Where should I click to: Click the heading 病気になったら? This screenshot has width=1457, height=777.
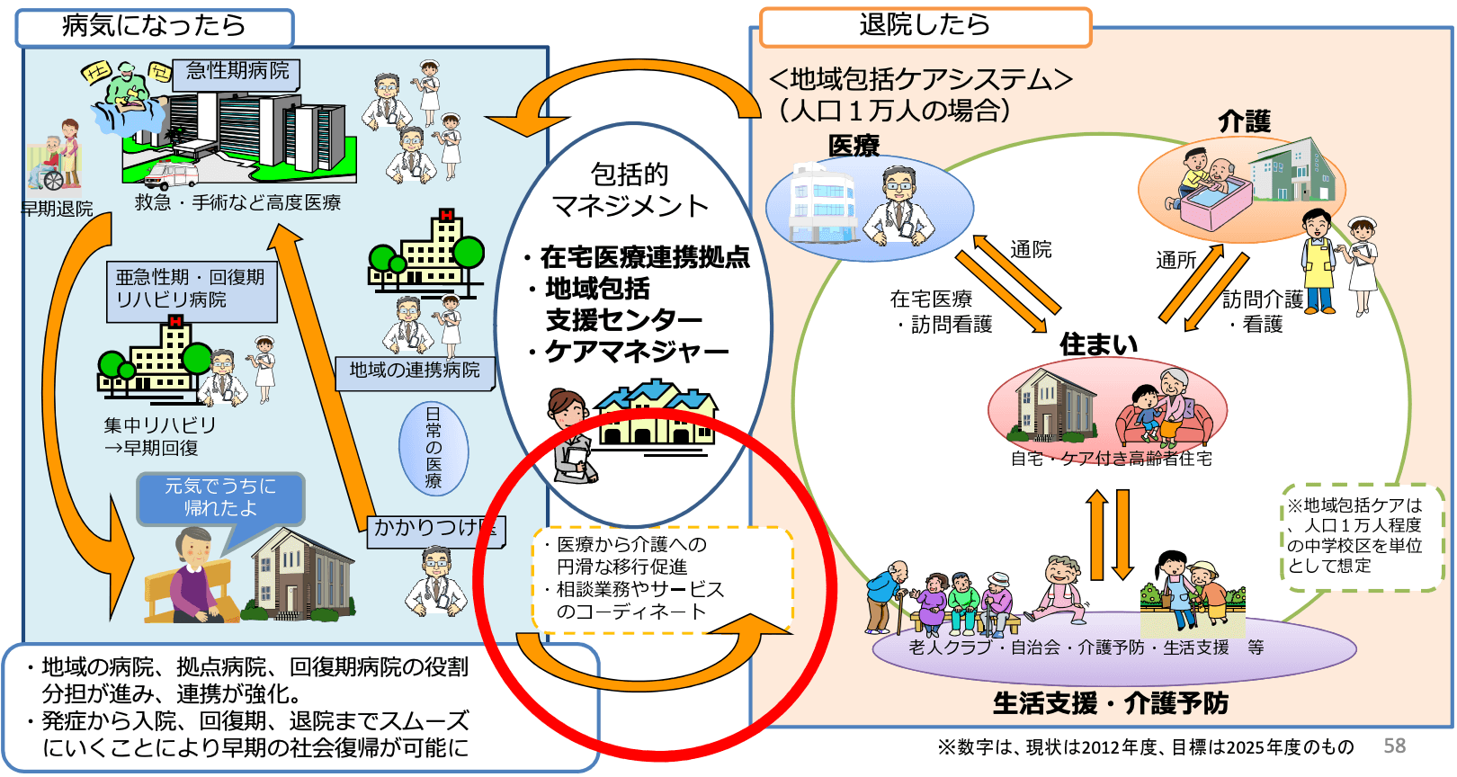(x=154, y=26)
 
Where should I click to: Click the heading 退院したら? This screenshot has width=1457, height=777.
(x=925, y=25)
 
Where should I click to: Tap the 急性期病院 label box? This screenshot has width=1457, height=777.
(x=237, y=71)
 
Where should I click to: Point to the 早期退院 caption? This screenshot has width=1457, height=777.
(x=57, y=209)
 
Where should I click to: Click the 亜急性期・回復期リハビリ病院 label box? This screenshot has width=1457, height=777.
(x=191, y=290)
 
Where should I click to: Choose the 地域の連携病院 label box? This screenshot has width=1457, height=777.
(x=415, y=371)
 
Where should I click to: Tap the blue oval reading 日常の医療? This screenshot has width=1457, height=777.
(x=434, y=447)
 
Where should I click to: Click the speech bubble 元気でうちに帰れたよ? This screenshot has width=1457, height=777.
(x=220, y=497)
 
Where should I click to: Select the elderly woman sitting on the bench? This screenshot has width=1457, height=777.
(x=192, y=576)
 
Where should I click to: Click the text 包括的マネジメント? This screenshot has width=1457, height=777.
(x=630, y=190)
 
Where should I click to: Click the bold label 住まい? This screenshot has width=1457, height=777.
(x=1098, y=344)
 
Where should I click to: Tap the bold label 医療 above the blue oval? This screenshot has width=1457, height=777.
(x=854, y=146)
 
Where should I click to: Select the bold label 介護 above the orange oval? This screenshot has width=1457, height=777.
(x=1244, y=121)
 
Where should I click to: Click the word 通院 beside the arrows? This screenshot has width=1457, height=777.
(x=1031, y=250)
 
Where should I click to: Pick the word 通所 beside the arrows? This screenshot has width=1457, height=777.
(x=1176, y=261)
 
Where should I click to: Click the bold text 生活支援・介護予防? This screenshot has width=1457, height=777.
(x=1111, y=703)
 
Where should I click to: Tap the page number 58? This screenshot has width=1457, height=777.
(x=1394, y=746)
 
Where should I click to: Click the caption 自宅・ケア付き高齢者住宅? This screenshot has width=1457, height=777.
(x=1112, y=459)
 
